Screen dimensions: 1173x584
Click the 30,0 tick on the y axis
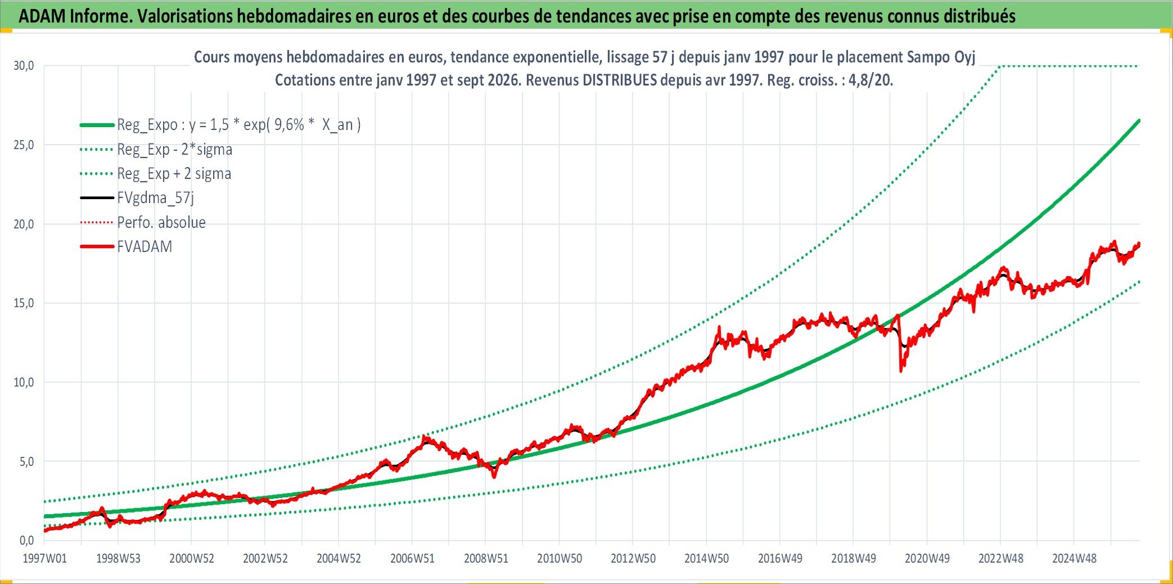pos(24,66)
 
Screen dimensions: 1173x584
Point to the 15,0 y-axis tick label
pos(24,303)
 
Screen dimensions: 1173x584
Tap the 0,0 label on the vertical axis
pos(26,541)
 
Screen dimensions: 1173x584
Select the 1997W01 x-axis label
pos(44,559)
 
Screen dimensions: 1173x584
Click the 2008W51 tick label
pos(486,559)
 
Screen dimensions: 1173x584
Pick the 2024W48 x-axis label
pos(1074,559)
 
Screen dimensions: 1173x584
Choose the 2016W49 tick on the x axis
pos(780,559)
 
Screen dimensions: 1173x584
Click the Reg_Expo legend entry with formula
pos(220,125)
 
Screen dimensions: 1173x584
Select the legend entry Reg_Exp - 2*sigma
pos(156,150)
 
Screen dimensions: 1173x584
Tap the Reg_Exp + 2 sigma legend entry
pos(156,174)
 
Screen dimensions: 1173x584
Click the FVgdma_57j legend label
pos(137,198)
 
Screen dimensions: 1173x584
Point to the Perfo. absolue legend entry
pos(143,223)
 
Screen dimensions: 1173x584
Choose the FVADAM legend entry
pos(126,247)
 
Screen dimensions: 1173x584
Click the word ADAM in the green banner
pos(42,16)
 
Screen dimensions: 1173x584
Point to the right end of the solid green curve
pos(1139,120)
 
